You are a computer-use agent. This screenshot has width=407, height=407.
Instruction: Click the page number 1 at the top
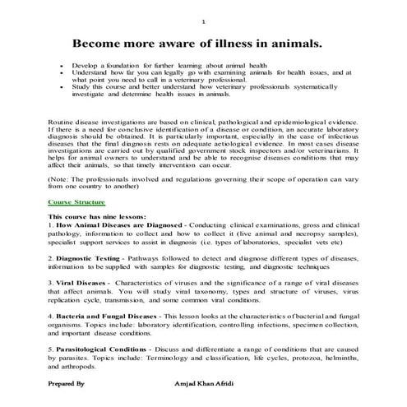pyautogui.click(x=203, y=21)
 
